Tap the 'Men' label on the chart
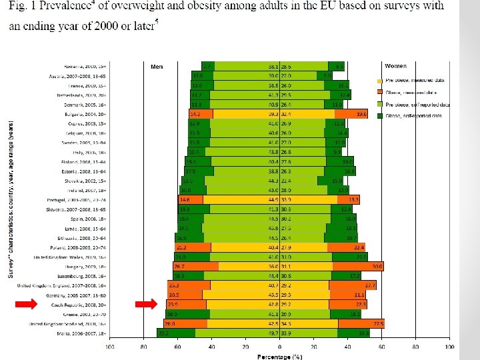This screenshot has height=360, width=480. coord(157,67)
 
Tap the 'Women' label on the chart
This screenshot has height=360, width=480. coord(395,66)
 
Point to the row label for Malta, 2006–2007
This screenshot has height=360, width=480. coord(82,333)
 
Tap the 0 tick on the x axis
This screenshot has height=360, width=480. coord(281,346)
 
